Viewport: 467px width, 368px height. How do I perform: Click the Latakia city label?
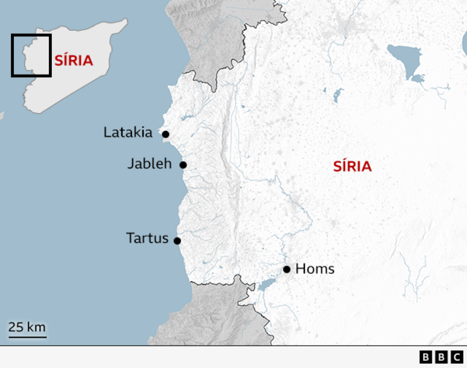coord(128,132)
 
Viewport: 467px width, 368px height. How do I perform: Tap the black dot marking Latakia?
coord(165,134)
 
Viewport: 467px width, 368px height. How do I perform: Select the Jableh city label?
coord(150,163)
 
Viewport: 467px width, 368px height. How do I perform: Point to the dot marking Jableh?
coord(183,165)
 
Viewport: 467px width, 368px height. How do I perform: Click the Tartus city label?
coord(147,238)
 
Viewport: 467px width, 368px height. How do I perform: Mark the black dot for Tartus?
coord(177,241)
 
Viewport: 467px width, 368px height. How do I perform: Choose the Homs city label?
coord(315,269)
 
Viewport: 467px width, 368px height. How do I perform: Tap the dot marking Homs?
coord(287,269)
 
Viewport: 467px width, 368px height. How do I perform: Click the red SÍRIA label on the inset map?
coord(74,60)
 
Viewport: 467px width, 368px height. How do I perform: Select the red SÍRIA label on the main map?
coord(352,167)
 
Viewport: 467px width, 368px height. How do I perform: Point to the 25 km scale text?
coord(27,327)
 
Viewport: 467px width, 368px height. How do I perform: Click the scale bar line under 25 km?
coord(27,337)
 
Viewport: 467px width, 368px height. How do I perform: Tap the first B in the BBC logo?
coord(426,358)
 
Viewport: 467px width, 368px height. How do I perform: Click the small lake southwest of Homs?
coord(265,284)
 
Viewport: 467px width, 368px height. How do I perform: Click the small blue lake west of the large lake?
coord(337,95)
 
